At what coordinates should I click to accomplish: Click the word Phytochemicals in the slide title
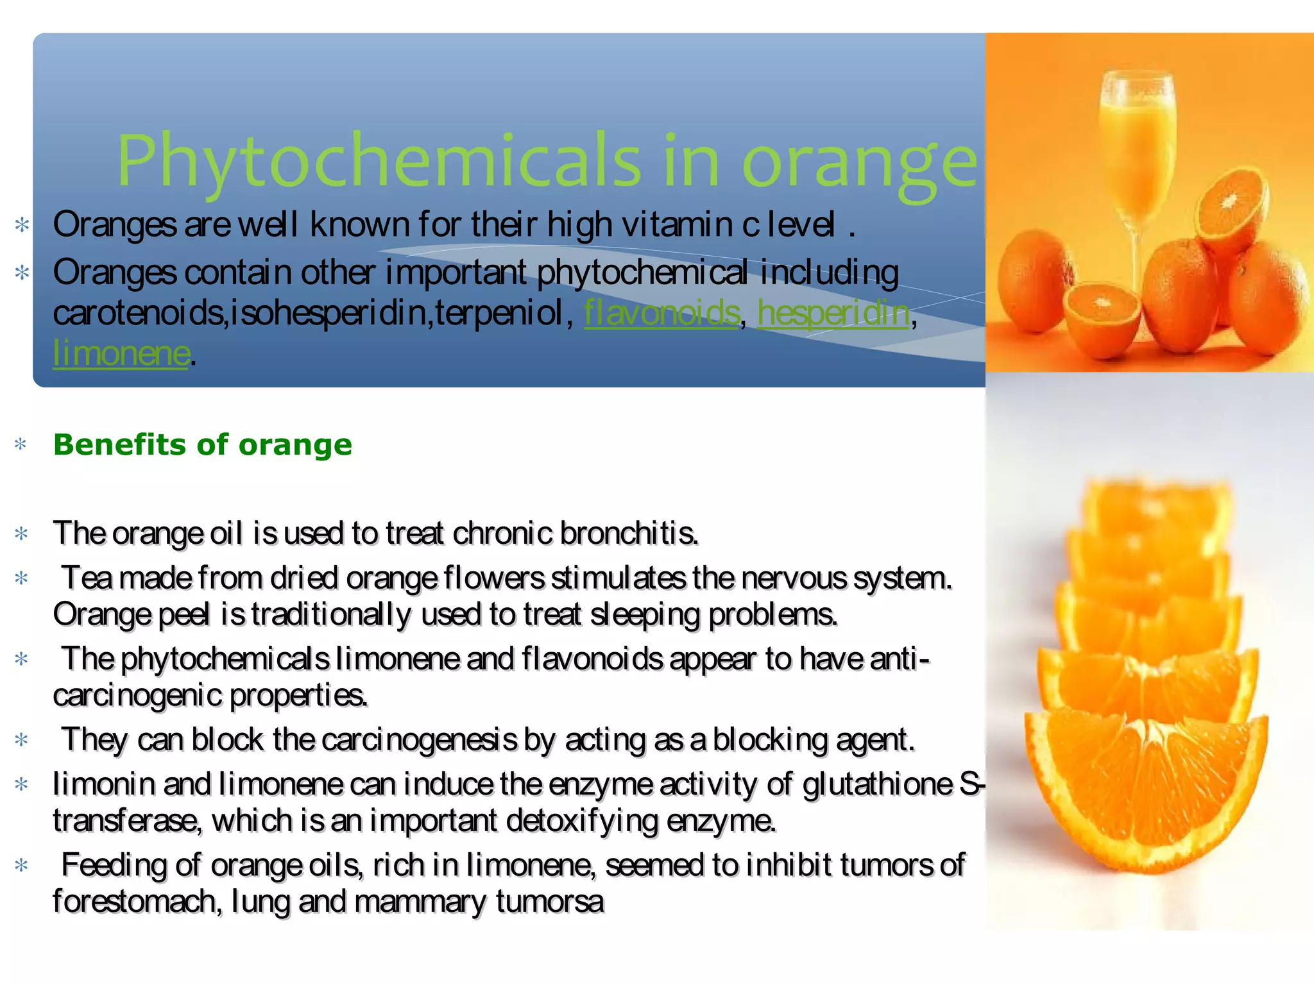click(x=379, y=160)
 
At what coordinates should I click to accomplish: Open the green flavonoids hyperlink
click(x=661, y=313)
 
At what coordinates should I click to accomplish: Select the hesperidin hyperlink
click(x=833, y=313)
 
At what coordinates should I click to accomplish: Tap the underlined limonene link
click(x=121, y=353)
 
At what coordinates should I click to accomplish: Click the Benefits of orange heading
click(x=203, y=444)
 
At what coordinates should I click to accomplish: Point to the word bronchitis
click(x=629, y=534)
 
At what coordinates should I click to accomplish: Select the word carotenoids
click(x=138, y=313)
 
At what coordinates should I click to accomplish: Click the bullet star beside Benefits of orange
click(x=21, y=444)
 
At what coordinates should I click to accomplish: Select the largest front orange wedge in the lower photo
click(x=1145, y=789)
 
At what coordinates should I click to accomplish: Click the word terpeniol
click(x=500, y=313)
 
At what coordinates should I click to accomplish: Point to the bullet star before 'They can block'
click(x=21, y=740)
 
